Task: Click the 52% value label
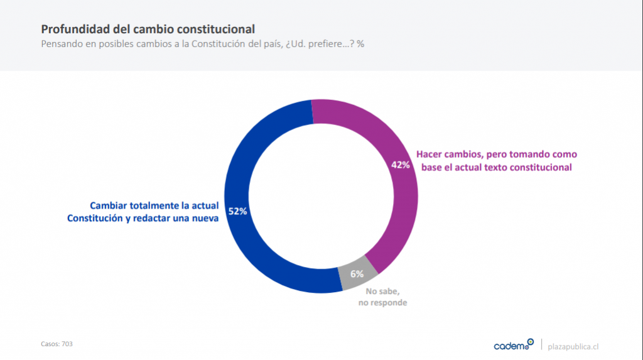(237, 212)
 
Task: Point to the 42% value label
(400, 165)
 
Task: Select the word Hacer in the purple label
(430, 154)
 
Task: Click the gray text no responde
(383, 303)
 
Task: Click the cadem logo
(513, 345)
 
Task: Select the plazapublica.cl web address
(573, 346)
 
